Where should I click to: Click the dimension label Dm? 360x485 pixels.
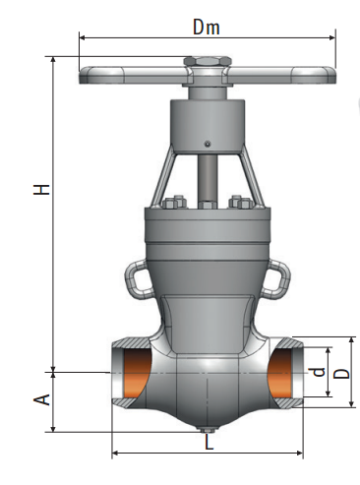pyautogui.click(x=206, y=27)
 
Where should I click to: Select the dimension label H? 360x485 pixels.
pyautogui.click(x=41, y=190)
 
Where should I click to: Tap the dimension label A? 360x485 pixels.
pyautogui.click(x=41, y=399)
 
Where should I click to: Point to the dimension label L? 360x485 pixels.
pyautogui.click(x=209, y=442)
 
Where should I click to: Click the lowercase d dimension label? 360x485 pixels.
pyautogui.click(x=318, y=372)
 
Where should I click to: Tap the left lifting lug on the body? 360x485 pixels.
pyautogui.click(x=137, y=278)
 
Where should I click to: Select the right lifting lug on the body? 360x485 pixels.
pyautogui.click(x=278, y=278)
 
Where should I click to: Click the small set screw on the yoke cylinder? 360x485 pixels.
pyautogui.click(x=207, y=144)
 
